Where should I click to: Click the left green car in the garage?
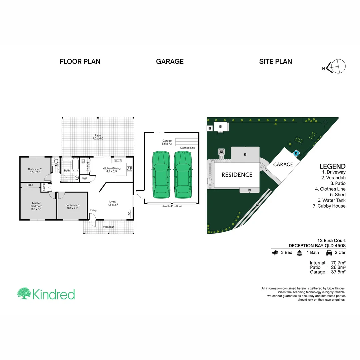pos(160,174)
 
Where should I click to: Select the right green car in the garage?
pos(182,174)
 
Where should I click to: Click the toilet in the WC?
pos(56,161)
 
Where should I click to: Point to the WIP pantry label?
pos(85,178)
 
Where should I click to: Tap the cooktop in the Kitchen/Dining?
pos(129,169)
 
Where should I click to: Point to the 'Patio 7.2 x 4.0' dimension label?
pos(98,137)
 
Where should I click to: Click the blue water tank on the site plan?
pos(296,153)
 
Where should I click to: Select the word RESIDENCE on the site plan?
pos(237,175)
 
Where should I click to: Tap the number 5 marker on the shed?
pos(220,126)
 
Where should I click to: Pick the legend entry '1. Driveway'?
pos(333,172)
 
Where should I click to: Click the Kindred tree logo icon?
pos(24,294)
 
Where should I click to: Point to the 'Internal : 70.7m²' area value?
pos(327,263)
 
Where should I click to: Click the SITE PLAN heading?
pos(276,61)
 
